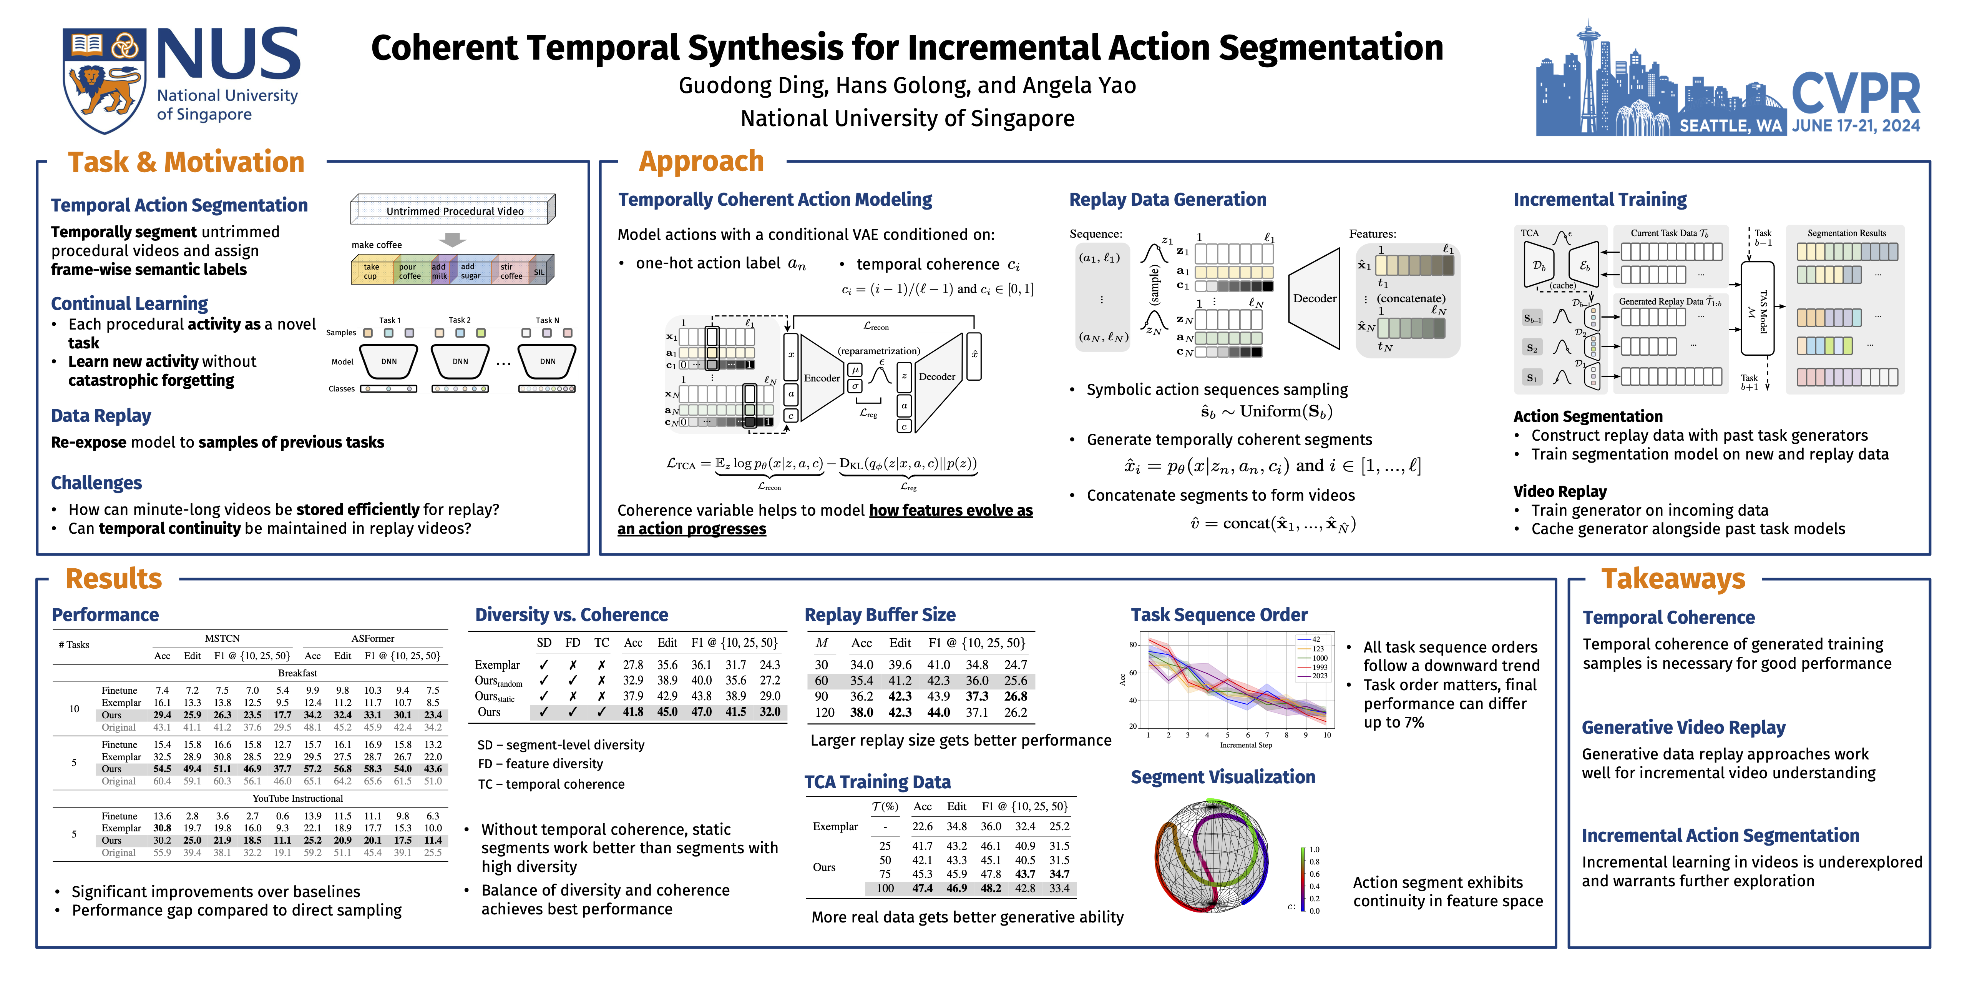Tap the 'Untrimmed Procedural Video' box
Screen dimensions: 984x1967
click(x=453, y=211)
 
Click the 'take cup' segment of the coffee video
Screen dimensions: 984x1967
click(x=371, y=271)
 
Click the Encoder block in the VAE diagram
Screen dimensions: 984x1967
click(x=822, y=377)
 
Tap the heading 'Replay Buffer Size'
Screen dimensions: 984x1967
click(x=880, y=615)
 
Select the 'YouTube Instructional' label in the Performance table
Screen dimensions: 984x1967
click(x=298, y=798)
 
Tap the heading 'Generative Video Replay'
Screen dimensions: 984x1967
click(x=1683, y=727)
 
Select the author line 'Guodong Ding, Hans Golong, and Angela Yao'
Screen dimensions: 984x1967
click(x=907, y=86)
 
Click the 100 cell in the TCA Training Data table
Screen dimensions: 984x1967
click(x=885, y=889)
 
